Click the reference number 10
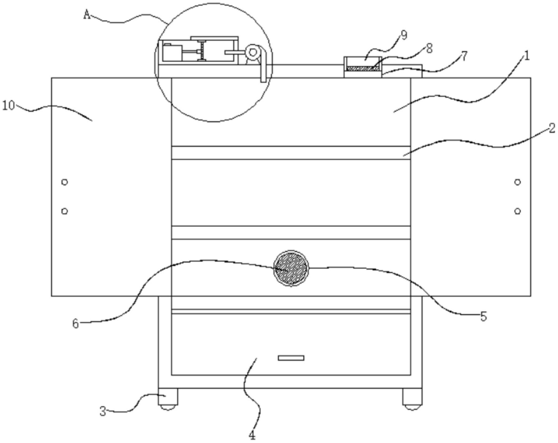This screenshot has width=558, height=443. tap(9, 106)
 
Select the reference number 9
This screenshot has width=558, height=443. tap(403, 35)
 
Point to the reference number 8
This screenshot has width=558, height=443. tap(429, 48)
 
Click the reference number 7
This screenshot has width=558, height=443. tap(463, 56)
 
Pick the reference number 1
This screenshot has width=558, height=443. tap(526, 56)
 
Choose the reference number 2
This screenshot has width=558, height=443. tap(551, 128)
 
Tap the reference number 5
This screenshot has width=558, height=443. tap(483, 317)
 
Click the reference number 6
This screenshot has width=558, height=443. tap(76, 324)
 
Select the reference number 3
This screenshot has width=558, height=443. tap(103, 411)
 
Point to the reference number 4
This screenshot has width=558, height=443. tap(252, 435)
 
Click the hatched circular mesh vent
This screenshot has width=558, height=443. tap(291, 268)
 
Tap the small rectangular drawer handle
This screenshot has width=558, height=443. tap(291, 358)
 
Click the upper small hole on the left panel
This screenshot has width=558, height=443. tap(64, 182)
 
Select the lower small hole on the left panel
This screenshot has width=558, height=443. tap(64, 211)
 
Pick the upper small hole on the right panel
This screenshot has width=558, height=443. tap(517, 182)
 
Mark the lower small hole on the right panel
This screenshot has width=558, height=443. tap(517, 211)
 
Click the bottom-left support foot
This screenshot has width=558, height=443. tap(168, 398)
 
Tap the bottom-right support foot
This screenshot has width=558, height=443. tap(412, 398)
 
